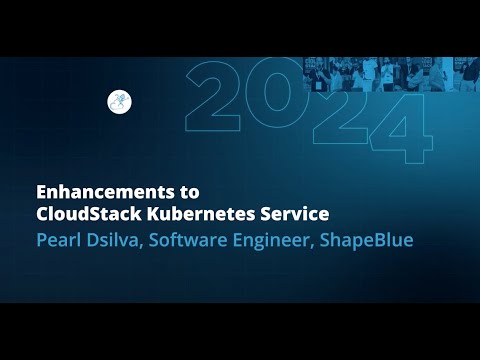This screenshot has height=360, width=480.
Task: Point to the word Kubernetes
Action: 222,213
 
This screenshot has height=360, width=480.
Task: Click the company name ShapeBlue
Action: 378,241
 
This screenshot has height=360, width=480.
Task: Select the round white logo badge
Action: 119,100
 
